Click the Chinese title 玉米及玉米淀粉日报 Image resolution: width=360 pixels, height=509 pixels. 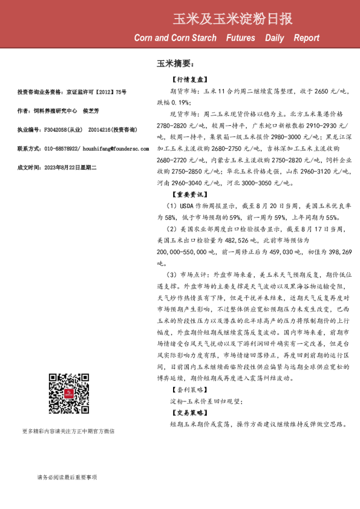click(x=232, y=19)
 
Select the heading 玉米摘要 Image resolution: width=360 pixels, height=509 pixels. click(x=175, y=63)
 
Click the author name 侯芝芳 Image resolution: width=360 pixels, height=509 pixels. click(x=91, y=111)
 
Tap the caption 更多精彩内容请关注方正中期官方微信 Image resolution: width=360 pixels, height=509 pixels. click(x=68, y=431)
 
